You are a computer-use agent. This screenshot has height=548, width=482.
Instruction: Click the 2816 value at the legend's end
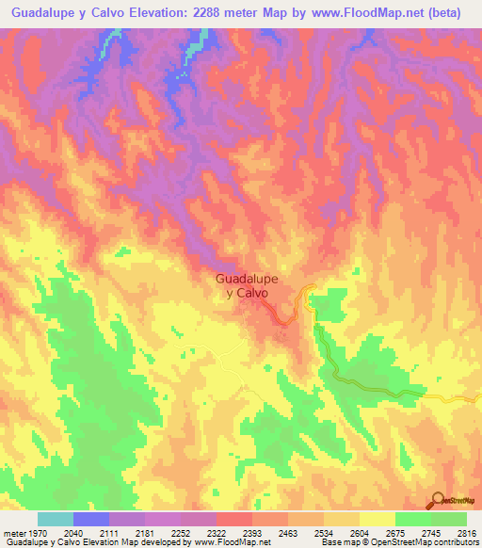pos(462,533)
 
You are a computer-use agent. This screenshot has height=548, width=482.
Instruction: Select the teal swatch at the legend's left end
pos(56,519)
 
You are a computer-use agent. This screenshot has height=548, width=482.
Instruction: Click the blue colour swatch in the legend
pos(91,519)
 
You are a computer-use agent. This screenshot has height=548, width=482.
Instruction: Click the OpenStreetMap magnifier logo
pos(439,500)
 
